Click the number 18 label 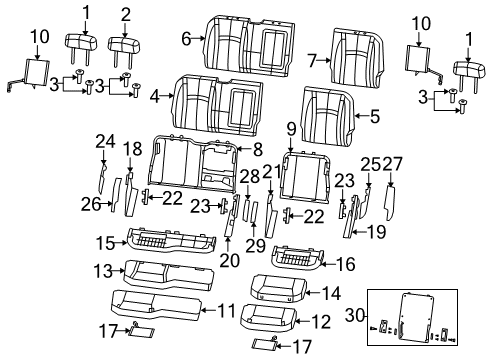[x=131, y=148]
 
